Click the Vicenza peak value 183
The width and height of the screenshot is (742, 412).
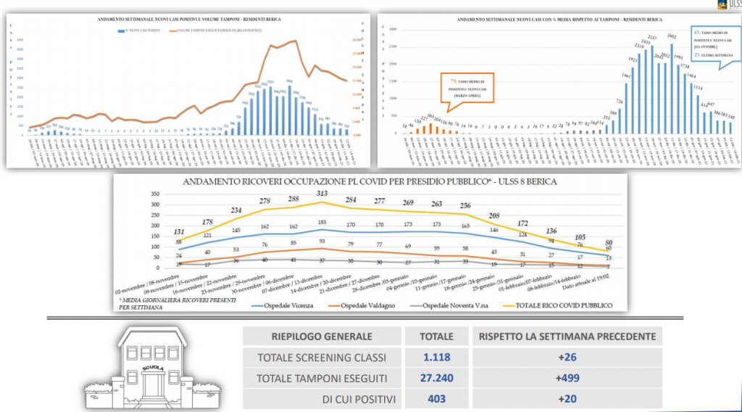(x=322, y=221)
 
